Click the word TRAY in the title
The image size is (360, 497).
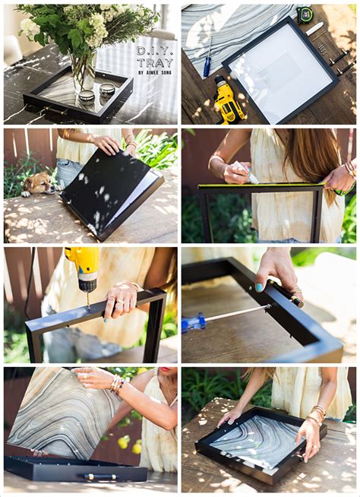(155, 63)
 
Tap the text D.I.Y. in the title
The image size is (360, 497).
(155, 51)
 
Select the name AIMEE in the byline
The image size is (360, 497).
(152, 73)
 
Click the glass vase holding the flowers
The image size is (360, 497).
(84, 71)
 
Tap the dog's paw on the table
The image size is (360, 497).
(26, 193)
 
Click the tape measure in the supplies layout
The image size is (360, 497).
(305, 14)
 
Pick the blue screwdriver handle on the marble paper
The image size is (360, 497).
(207, 67)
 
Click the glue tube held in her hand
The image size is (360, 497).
(247, 172)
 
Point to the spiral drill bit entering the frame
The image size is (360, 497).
(88, 299)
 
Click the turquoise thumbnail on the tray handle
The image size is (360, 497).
(259, 287)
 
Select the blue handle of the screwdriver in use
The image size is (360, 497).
(193, 323)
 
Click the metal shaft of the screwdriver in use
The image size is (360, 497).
(237, 313)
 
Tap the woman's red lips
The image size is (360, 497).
(165, 369)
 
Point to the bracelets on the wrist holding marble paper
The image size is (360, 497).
(117, 385)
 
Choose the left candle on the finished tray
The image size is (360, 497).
(87, 96)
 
